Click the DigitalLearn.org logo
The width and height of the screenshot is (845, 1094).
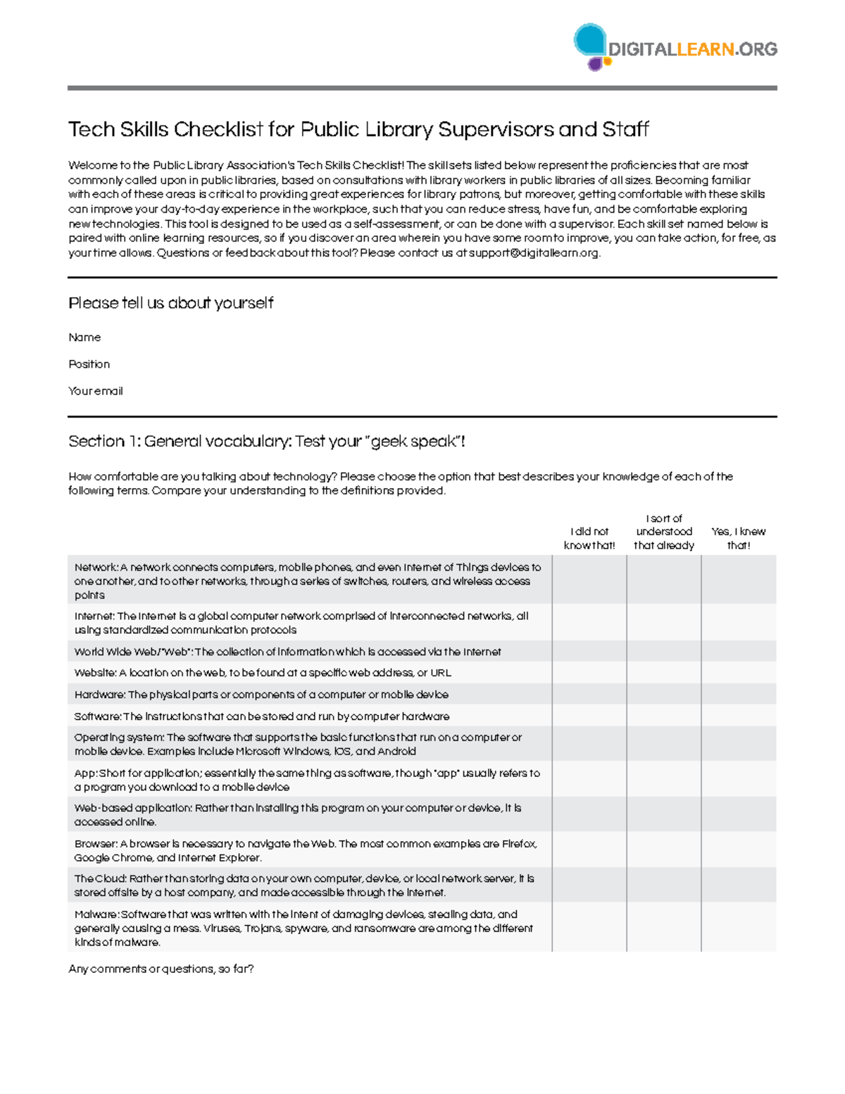click(x=675, y=48)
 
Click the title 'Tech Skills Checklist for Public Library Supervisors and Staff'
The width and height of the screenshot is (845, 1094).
click(x=358, y=130)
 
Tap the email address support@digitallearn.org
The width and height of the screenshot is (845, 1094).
click(x=534, y=253)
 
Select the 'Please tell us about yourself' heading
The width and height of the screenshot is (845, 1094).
click(x=170, y=303)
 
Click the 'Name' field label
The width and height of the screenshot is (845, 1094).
click(x=84, y=337)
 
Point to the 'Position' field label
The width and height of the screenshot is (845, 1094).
click(x=89, y=364)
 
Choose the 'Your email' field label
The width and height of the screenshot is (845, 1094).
click(x=95, y=391)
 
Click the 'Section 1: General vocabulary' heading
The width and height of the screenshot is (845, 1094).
click(x=266, y=442)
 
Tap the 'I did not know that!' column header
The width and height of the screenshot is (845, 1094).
click(x=589, y=538)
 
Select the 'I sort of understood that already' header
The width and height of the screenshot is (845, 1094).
click(x=663, y=532)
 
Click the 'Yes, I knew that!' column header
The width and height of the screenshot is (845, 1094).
click(x=738, y=538)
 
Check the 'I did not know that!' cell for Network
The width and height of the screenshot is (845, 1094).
click(x=589, y=580)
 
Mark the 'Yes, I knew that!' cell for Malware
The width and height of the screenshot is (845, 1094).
click(x=738, y=928)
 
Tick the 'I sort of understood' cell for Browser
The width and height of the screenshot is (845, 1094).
click(x=663, y=850)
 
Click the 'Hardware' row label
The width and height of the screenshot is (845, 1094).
click(x=99, y=695)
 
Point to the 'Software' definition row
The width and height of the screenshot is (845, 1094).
click(x=261, y=716)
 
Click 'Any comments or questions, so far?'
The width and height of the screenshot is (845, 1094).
click(x=161, y=969)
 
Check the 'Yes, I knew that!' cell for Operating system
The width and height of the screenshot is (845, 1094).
click(x=738, y=744)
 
